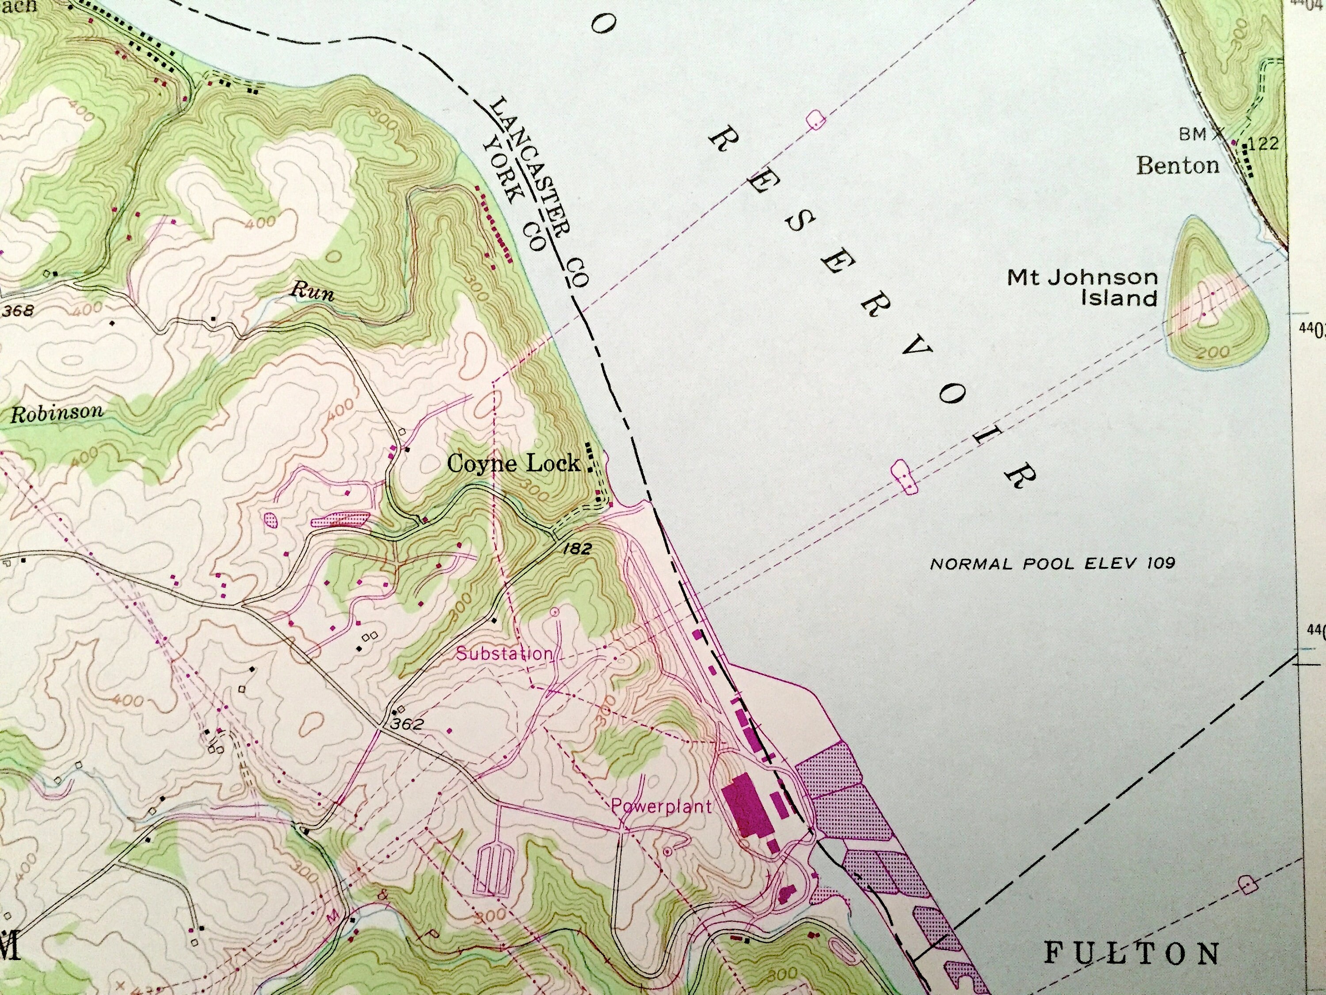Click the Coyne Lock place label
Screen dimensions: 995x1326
513,463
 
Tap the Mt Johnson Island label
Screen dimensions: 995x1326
1082,287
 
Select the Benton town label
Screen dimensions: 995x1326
1178,165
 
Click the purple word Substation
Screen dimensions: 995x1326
503,654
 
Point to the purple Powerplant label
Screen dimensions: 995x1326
661,806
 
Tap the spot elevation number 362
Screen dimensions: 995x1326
407,724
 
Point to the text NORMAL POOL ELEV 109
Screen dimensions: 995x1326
1052,563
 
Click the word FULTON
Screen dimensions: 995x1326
1132,953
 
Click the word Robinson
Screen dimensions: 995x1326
57,413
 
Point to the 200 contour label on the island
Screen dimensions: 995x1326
1212,352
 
